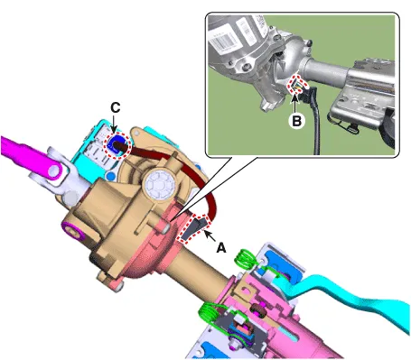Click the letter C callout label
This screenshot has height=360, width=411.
click(x=116, y=107)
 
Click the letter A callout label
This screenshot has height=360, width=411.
click(x=221, y=248)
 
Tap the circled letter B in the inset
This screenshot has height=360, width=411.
click(x=296, y=121)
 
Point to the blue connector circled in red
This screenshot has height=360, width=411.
click(x=117, y=144)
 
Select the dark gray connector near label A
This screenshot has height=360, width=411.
click(x=195, y=228)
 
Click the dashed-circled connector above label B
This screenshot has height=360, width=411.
click(x=295, y=85)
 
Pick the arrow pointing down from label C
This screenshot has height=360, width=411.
click(x=114, y=123)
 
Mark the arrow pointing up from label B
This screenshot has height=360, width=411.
click(x=295, y=104)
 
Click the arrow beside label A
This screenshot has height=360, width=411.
click(x=210, y=235)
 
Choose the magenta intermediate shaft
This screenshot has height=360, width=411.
click(x=30, y=155)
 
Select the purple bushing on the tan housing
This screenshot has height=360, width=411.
click(x=71, y=229)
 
